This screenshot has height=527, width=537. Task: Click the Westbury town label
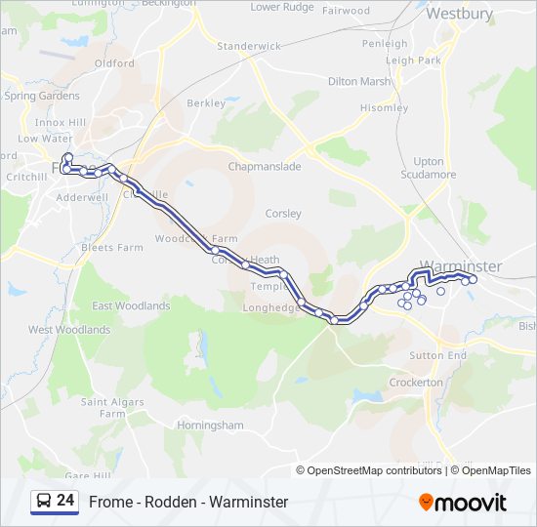460,14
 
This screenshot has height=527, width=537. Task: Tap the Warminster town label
461,265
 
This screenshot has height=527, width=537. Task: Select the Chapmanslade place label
265,167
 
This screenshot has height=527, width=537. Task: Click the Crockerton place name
416,383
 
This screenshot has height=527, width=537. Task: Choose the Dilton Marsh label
359,82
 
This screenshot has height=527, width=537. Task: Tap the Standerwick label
248,46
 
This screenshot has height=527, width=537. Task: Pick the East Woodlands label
131,305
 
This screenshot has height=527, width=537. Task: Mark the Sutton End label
437,355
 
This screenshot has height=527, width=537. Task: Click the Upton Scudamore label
428,168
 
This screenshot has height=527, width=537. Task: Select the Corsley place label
283,213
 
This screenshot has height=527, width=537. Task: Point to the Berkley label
206,102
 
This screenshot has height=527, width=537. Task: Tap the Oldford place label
114,63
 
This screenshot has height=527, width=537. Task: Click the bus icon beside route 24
43,502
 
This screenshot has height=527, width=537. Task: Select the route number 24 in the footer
65,501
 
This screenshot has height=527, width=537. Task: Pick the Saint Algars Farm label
112,408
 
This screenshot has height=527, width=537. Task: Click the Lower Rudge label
282,7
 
